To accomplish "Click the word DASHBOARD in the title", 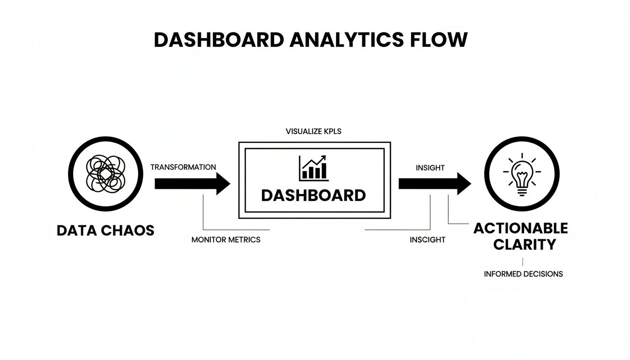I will click(x=218, y=40).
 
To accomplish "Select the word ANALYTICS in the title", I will click(x=348, y=40).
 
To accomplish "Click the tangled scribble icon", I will click(x=106, y=175).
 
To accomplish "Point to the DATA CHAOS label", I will click(x=105, y=231).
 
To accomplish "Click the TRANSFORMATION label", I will click(x=183, y=167).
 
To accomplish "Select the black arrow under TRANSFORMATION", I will click(x=192, y=183).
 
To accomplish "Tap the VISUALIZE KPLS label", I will click(x=313, y=132).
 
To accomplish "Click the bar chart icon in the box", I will click(x=313, y=168).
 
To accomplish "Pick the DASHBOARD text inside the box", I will click(x=313, y=195).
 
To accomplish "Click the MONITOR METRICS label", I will click(x=226, y=240).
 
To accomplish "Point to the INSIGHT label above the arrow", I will click(x=430, y=168).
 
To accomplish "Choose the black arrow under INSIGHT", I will click(x=434, y=183).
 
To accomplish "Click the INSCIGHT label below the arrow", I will click(x=427, y=240).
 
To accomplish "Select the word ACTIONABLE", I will click(x=520, y=228).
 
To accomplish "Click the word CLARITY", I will click(x=520, y=245).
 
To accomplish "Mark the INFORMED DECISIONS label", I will click(x=523, y=274).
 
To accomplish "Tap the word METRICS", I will click(x=244, y=240).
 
